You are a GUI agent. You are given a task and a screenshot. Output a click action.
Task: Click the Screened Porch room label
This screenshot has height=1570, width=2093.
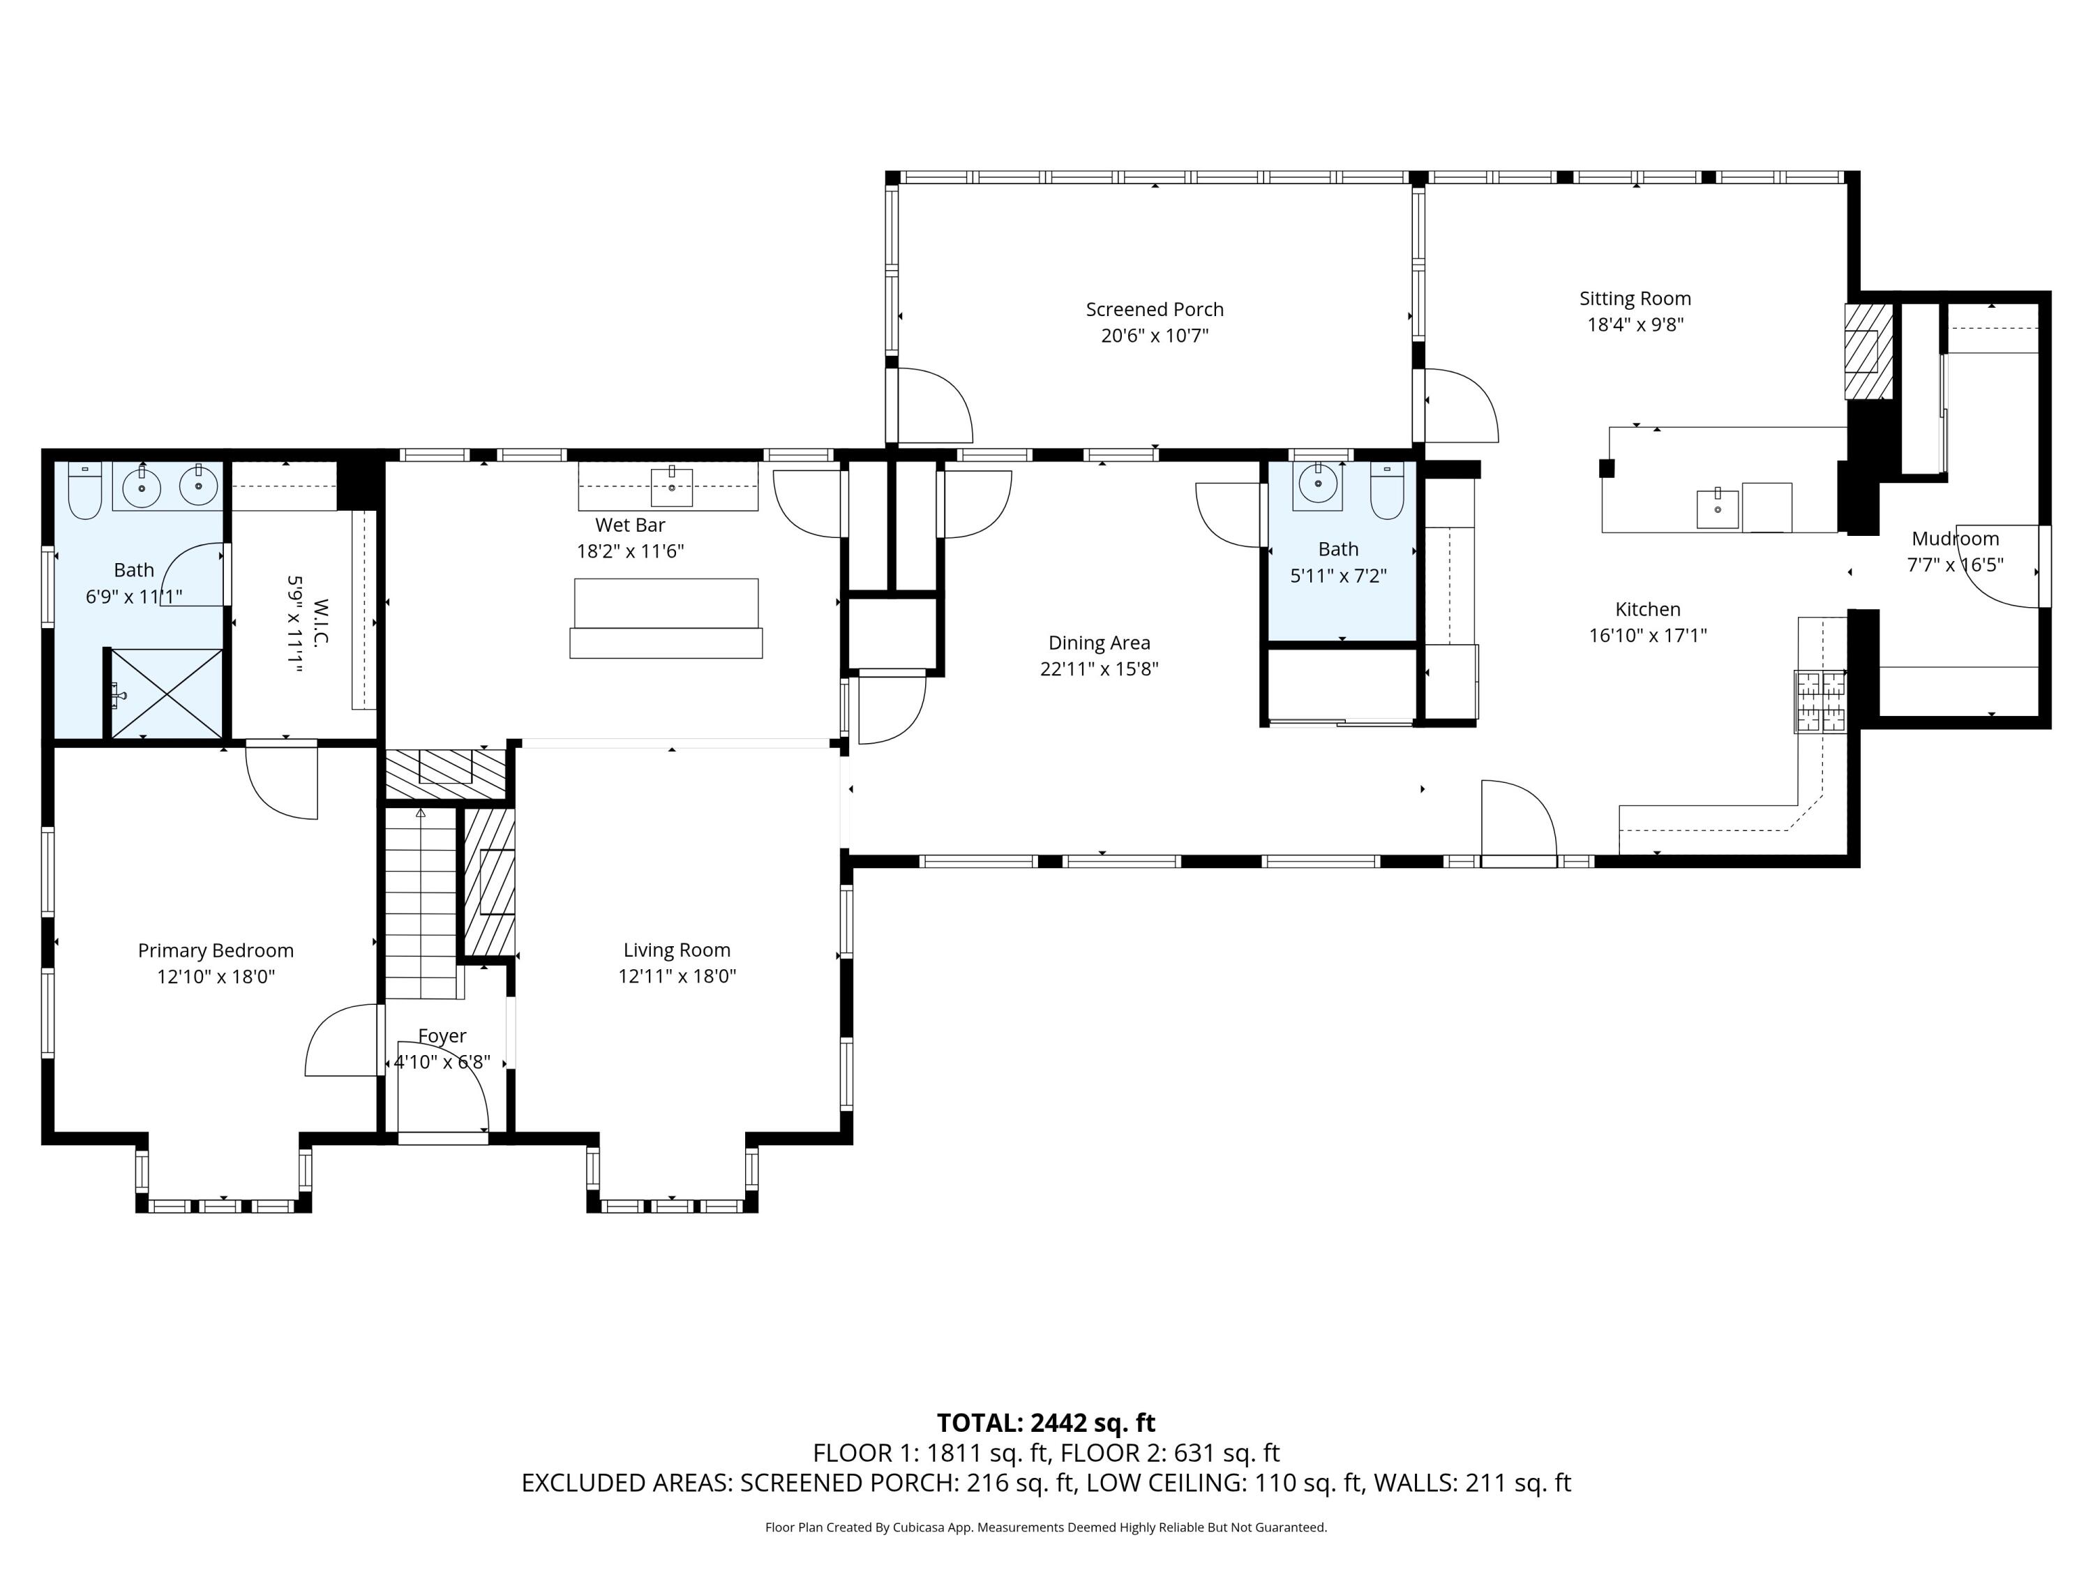pyautogui.click(x=1155, y=309)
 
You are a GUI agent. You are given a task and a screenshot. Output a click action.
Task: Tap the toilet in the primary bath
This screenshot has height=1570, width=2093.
pyautogui.click(x=85, y=491)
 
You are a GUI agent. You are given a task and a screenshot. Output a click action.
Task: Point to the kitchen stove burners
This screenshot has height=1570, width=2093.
pyautogui.click(x=1820, y=701)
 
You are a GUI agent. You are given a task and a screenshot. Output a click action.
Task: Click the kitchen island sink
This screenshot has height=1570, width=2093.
pyautogui.click(x=1718, y=508)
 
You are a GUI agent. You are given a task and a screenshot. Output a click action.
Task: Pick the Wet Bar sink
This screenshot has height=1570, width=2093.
pyautogui.click(x=672, y=487)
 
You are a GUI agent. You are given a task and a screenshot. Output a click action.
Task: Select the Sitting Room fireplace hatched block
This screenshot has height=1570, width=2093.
pyautogui.click(x=1869, y=352)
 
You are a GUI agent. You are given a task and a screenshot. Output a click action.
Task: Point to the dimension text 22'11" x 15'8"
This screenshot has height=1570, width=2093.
pyautogui.click(x=1099, y=669)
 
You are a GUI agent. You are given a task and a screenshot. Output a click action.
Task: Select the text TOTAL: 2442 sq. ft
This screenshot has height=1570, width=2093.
pyautogui.click(x=1046, y=1423)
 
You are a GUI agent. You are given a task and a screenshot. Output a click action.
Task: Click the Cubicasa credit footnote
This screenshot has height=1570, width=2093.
pyautogui.click(x=1046, y=1527)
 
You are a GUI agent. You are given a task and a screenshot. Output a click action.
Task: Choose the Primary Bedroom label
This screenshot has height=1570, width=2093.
pyautogui.click(x=216, y=950)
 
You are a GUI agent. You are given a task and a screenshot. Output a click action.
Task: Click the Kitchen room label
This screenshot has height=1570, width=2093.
pyautogui.click(x=1647, y=609)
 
